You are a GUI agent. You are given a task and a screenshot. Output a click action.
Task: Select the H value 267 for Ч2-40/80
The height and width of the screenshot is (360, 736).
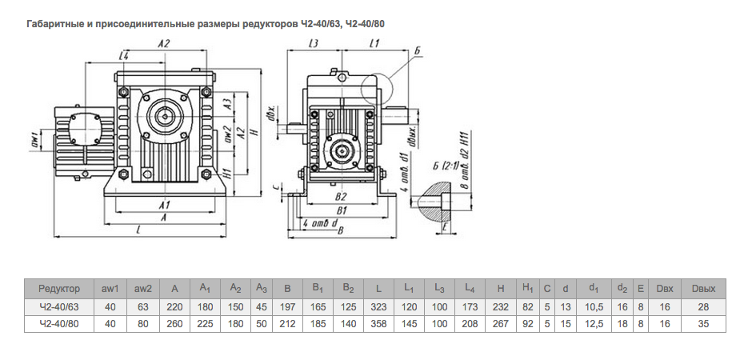pos(500,323)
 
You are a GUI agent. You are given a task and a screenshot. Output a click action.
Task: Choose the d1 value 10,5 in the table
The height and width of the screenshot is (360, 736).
pos(594,306)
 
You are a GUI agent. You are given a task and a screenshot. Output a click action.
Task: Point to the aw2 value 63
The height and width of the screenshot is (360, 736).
pos(143,306)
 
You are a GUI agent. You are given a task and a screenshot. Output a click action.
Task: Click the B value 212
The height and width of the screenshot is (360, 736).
pos(286,323)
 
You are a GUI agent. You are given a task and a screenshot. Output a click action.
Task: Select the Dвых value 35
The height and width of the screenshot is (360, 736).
pos(703,323)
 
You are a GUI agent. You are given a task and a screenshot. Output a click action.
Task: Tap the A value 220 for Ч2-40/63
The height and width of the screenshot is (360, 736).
pos(174,306)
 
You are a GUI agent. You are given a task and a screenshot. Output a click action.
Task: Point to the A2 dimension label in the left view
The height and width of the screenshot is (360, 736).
pos(164,44)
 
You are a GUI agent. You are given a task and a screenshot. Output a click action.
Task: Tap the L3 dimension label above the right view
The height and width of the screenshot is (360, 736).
pos(314,46)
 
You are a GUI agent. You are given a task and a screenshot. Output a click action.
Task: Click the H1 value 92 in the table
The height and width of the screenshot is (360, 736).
pos(527,323)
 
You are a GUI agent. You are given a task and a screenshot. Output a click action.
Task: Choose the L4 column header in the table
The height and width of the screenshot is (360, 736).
pos(469,288)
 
